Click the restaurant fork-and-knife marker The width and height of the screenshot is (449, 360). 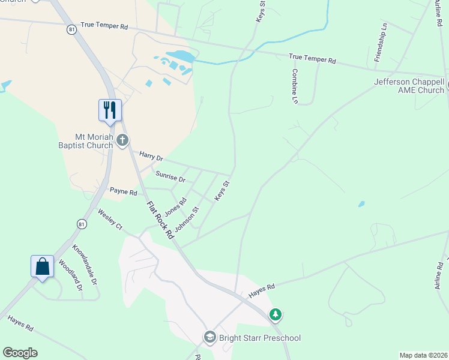(110, 110)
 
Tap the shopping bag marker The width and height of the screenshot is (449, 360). (43, 266)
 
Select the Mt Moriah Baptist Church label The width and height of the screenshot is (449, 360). (94, 140)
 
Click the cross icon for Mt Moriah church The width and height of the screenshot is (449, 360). (122, 140)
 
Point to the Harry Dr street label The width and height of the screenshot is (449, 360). (151, 156)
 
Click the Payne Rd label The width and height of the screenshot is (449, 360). (124, 192)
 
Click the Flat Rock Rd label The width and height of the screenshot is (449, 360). (160, 220)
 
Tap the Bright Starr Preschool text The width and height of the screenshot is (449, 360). (259, 338)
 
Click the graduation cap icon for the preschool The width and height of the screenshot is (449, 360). (209, 337)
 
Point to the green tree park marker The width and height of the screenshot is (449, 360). (276, 314)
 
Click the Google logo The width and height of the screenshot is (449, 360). (20, 352)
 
